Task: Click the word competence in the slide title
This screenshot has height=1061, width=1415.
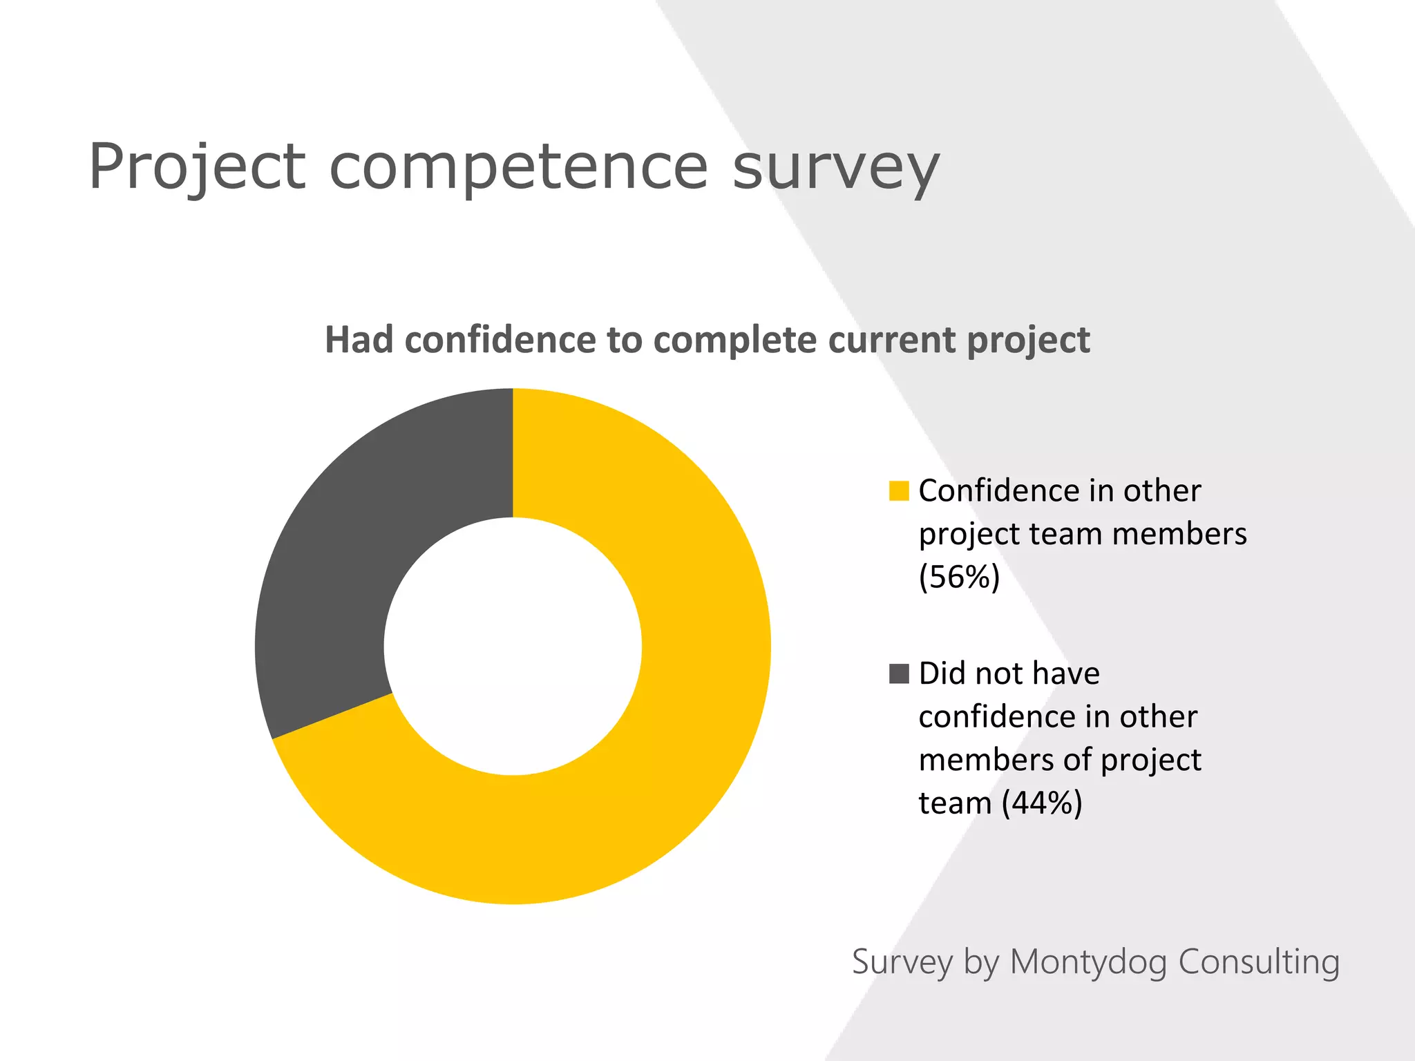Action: coord(519,167)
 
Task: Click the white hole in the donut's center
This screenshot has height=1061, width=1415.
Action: coord(513,647)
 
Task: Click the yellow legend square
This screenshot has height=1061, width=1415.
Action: coord(899,491)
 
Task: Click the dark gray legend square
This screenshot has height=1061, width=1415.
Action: coord(899,673)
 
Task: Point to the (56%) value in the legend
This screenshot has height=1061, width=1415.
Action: coord(959,577)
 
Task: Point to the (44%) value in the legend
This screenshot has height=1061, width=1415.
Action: coord(1042,803)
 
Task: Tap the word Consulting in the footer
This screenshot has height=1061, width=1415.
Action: coord(1258,962)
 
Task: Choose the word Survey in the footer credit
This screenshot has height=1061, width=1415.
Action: coord(902,963)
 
